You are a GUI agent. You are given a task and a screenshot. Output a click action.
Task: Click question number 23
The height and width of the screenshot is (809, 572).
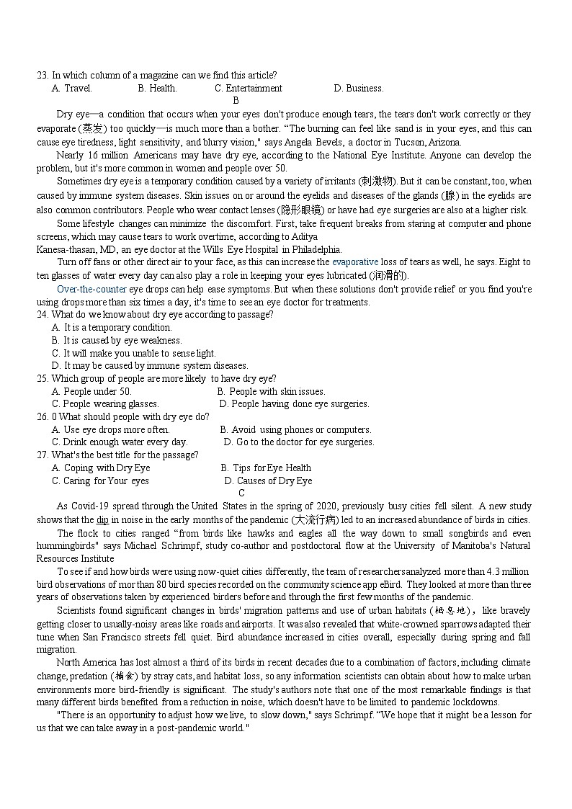(x=43, y=76)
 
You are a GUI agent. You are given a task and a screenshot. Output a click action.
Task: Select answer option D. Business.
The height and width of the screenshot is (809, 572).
(x=358, y=89)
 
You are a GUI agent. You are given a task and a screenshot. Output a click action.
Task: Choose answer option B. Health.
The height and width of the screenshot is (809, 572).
(x=157, y=89)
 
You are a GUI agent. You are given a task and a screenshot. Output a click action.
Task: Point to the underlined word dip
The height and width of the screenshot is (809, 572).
(x=102, y=520)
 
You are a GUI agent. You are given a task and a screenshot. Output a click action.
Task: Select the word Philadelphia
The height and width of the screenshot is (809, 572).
(x=311, y=249)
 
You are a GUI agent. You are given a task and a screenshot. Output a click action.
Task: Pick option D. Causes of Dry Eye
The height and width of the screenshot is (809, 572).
(x=268, y=481)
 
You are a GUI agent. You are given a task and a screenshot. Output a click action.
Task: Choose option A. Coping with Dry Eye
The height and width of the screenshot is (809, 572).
(x=101, y=468)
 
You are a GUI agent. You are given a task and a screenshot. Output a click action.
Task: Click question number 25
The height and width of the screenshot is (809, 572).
(x=43, y=379)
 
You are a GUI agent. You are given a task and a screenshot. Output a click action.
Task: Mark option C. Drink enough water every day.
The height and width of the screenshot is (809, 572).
(x=120, y=442)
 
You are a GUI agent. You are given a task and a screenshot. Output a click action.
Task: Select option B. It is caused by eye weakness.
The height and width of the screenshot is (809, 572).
(x=117, y=341)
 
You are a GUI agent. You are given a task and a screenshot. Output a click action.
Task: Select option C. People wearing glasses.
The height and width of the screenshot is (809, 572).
(x=105, y=404)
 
